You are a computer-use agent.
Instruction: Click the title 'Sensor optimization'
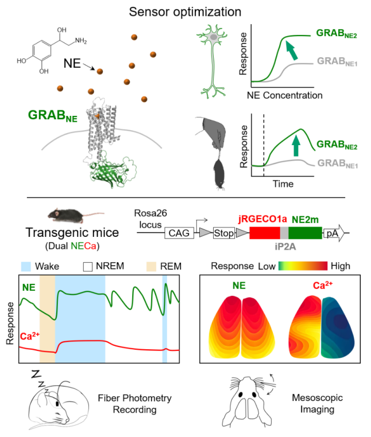click(185, 12)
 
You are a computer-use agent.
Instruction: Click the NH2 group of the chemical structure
click(81, 41)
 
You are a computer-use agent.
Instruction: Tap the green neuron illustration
click(213, 61)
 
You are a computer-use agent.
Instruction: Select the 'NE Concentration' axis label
click(284, 95)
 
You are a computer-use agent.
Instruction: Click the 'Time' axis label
click(283, 184)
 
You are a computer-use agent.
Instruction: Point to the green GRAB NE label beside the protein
click(52, 116)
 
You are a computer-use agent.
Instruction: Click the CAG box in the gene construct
click(179, 233)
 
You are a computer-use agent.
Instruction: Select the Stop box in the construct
click(224, 233)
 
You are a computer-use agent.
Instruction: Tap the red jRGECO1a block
click(265, 233)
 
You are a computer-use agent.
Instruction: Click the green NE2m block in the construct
click(305, 233)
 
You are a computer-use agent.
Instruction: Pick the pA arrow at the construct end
click(334, 233)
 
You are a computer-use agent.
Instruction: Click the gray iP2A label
click(285, 247)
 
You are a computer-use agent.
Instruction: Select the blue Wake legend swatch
click(26, 267)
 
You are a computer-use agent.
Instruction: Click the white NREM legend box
click(88, 267)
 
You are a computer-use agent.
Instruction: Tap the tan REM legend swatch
click(151, 267)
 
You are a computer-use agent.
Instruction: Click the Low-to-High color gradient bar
click(303, 266)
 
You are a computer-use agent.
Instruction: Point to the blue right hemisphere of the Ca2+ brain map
click(338, 327)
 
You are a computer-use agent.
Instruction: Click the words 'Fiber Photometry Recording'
click(135, 404)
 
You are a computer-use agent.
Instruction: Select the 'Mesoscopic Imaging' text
click(318, 403)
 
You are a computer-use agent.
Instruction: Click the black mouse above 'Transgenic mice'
click(67, 215)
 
